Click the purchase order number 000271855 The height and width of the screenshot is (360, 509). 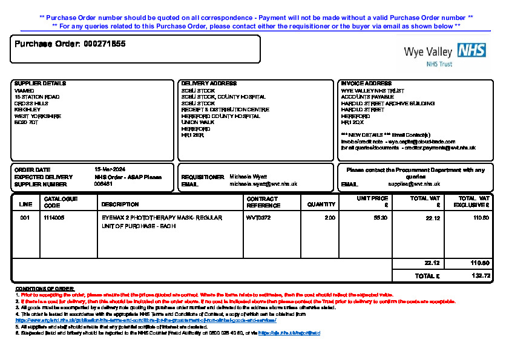(x=105, y=44)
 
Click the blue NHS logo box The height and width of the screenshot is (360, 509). (x=472, y=50)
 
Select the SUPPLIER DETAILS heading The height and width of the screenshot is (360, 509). (x=40, y=83)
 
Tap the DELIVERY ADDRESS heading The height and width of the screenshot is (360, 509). (x=209, y=83)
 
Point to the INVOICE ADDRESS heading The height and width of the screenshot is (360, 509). (x=366, y=83)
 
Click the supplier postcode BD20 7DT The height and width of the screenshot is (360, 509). (x=26, y=122)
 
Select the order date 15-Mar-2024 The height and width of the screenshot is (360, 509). (x=110, y=169)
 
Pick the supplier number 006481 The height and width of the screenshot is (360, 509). (x=103, y=184)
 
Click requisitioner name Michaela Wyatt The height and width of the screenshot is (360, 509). (x=248, y=177)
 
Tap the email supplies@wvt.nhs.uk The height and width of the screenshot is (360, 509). (x=414, y=184)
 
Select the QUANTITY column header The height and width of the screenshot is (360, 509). (x=321, y=205)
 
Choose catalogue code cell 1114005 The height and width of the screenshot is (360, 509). (x=54, y=217)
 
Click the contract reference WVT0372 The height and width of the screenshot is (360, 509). (x=258, y=217)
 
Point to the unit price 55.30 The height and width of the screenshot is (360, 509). (x=381, y=217)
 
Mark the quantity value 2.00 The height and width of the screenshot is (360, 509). (x=330, y=217)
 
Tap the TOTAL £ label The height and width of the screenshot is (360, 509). (x=427, y=275)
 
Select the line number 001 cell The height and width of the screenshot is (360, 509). (x=25, y=217)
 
